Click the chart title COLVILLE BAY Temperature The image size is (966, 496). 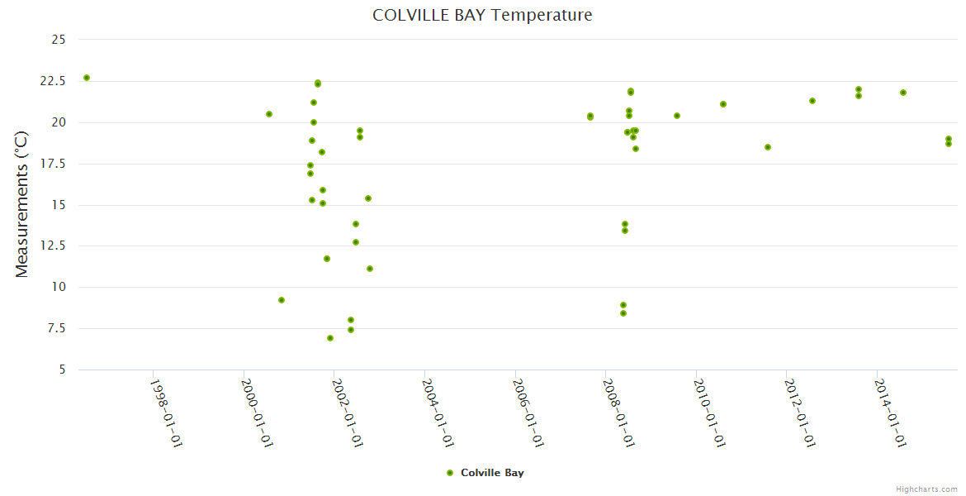point(482,15)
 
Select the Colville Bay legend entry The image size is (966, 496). point(485,473)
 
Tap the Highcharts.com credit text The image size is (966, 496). point(926,489)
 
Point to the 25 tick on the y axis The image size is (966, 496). point(59,40)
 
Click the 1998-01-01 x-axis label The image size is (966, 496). point(165,413)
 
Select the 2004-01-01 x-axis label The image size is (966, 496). point(437,413)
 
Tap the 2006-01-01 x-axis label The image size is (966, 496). point(528,413)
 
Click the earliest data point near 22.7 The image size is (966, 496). point(87,78)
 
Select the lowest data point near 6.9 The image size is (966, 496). point(330,338)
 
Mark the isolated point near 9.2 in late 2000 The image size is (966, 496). point(282,300)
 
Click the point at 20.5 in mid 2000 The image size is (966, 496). point(269,114)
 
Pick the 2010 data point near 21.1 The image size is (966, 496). point(723,104)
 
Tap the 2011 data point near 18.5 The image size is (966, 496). point(768,147)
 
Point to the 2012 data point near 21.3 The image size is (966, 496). point(812,101)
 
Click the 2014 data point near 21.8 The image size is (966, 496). point(903,93)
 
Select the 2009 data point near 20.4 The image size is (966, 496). point(677,116)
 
